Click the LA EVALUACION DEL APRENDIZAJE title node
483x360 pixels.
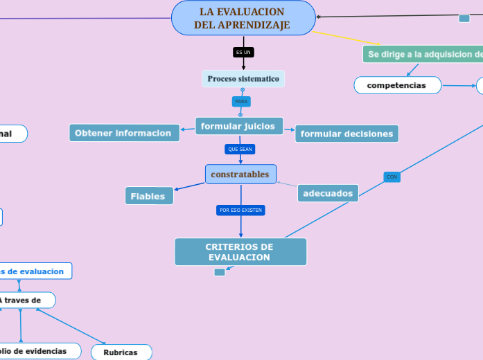243,19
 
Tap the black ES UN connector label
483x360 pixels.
243,52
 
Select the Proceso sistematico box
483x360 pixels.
243,79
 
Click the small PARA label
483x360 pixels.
241,102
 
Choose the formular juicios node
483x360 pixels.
239,126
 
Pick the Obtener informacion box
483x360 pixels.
123,133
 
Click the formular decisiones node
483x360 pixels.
346,134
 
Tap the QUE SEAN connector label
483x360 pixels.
240,149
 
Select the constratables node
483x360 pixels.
240,174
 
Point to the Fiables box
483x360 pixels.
148,196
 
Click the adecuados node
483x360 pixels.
328,193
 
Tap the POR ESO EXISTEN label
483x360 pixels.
240,210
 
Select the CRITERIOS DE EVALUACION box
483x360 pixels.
240,252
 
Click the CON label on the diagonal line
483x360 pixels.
392,177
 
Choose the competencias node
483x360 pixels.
397,85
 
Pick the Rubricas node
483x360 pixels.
121,352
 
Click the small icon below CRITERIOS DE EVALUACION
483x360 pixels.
220,272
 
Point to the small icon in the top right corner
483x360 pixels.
464,18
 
